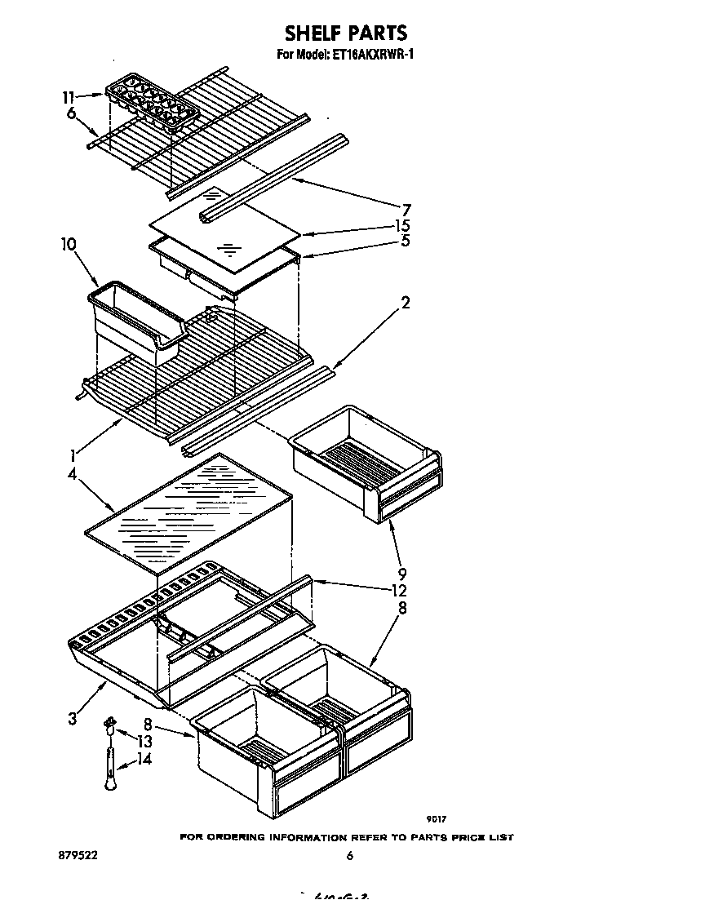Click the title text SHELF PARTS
pos(345,33)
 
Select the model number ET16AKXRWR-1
pos(378,55)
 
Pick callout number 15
pos(401,225)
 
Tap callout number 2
pos(405,303)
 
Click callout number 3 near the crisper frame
pos(73,718)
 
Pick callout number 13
pos(144,742)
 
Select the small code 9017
pos(436,819)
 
